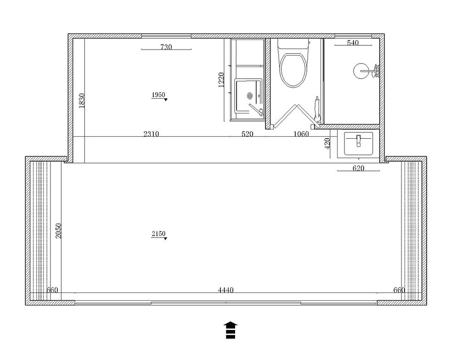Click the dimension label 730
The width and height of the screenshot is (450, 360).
click(x=166, y=47)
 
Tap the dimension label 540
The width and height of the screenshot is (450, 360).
click(x=353, y=43)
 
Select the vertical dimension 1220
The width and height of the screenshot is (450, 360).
click(x=221, y=79)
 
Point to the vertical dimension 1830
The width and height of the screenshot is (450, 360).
click(x=82, y=101)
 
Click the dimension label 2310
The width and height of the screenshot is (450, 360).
click(x=151, y=134)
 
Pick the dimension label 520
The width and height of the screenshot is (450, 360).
click(x=247, y=134)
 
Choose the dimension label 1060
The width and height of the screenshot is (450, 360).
click(x=301, y=134)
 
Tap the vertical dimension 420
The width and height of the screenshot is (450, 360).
click(x=327, y=143)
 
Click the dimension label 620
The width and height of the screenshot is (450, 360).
click(x=358, y=169)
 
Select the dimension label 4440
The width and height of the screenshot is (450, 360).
click(x=226, y=290)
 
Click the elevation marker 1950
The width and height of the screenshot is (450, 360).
click(x=158, y=95)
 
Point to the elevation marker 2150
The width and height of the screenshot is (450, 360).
click(x=158, y=234)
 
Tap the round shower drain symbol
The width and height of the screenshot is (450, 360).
click(x=360, y=70)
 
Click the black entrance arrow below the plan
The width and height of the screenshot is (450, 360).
click(x=230, y=330)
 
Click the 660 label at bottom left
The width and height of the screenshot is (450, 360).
click(x=52, y=290)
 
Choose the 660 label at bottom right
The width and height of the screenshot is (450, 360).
click(x=399, y=290)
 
